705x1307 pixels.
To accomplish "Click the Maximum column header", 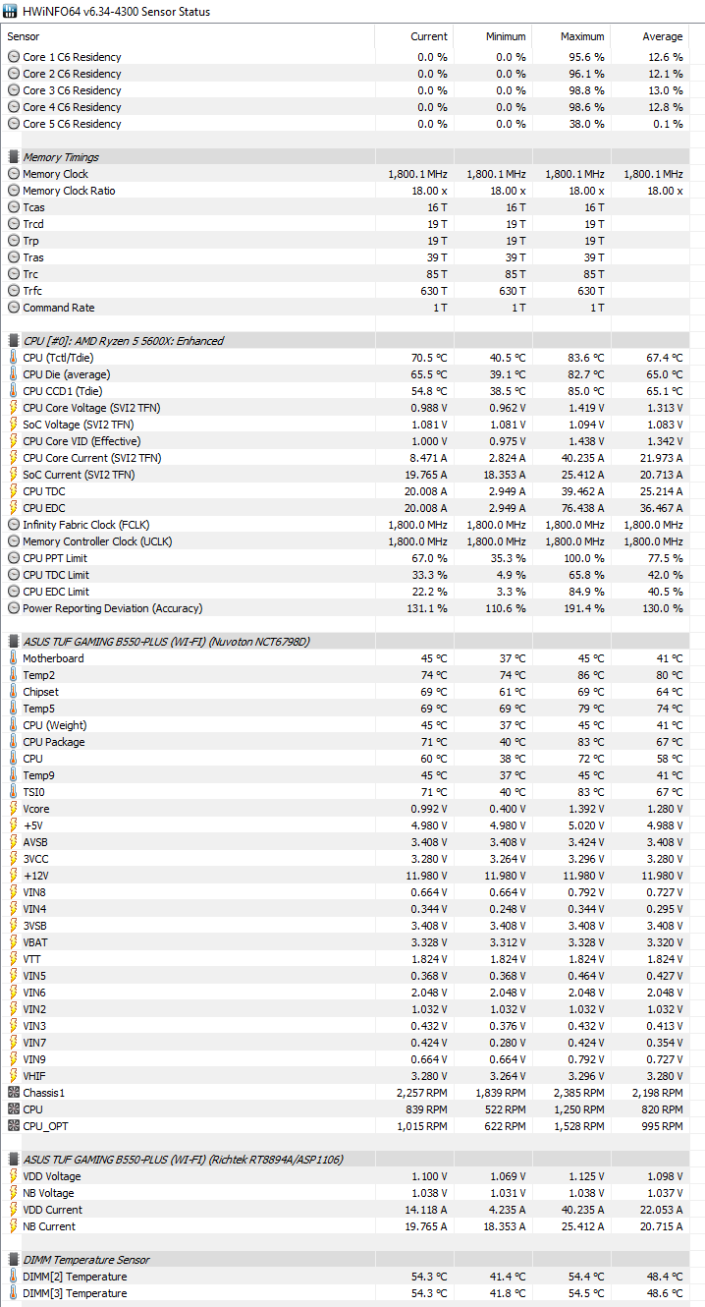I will (x=582, y=36).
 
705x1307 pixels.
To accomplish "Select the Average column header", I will (x=663, y=36).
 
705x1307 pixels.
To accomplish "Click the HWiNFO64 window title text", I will (x=116, y=12).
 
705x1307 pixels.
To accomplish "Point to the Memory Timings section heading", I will (x=61, y=157).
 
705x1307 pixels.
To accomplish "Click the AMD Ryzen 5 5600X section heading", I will (x=123, y=341).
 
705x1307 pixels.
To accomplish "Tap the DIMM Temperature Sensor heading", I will (x=86, y=1260).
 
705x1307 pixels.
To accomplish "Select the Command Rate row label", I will (x=59, y=308).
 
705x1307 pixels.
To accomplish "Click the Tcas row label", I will (x=33, y=207).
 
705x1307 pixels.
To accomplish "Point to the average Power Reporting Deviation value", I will (x=663, y=608).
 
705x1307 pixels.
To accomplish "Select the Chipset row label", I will (x=41, y=692).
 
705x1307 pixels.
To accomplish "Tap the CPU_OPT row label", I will (x=45, y=1126).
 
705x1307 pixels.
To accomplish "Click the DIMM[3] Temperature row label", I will (x=75, y=1293).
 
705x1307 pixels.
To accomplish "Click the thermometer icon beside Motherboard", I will (x=13, y=658).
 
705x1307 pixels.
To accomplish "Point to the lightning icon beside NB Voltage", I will (x=13, y=1193).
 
